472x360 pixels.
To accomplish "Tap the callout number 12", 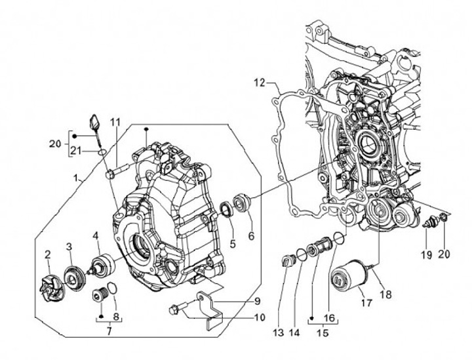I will pyautogui.click(x=260, y=83).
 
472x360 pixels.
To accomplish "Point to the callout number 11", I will pyautogui.click(x=115, y=123).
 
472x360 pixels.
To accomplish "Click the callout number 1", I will pyautogui.click(x=76, y=178).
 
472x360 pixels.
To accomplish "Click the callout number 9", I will pyautogui.click(x=258, y=301).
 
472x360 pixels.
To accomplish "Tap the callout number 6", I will pyautogui.click(x=250, y=236).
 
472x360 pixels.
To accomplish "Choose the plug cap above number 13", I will pyautogui.click(x=286, y=260).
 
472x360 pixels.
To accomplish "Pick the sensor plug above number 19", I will pyautogui.click(x=431, y=222).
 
